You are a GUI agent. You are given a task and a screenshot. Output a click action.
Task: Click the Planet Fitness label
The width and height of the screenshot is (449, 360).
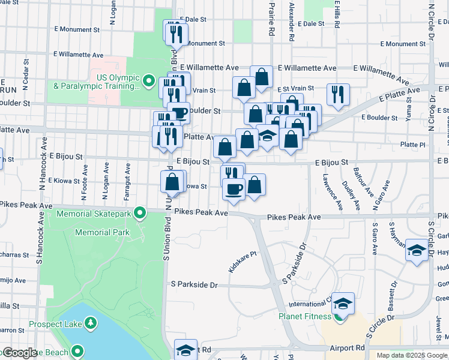pyautogui.click(x=305, y=316)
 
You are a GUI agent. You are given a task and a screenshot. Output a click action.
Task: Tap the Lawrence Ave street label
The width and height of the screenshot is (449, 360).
pyautogui.click(x=332, y=192)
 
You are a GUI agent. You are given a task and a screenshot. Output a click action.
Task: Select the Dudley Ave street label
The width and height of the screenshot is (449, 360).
pyautogui.click(x=351, y=195)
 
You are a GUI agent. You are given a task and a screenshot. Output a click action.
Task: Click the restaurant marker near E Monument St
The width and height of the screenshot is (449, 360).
pyautogui.click(x=176, y=35)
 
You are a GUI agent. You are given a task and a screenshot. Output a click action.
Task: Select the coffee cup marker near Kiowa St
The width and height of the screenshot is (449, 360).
pyautogui.click(x=234, y=189)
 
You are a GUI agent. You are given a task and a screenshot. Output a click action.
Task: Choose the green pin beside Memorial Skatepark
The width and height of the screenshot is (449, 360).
pyautogui.click(x=140, y=212)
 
